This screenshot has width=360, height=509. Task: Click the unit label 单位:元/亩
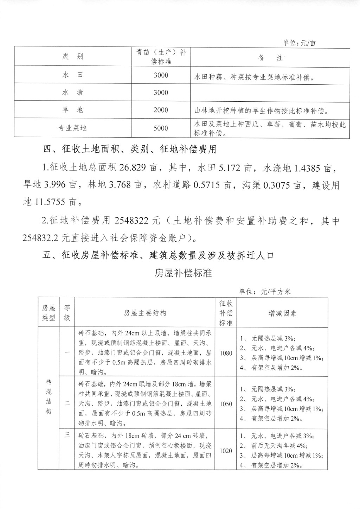click(299, 43)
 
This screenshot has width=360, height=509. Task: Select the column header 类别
click(73, 57)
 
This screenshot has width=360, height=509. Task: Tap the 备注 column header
click(270, 58)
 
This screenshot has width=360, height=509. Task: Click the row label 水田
click(73, 75)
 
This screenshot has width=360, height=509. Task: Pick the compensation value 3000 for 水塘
click(161, 93)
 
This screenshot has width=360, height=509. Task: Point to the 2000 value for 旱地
click(161, 110)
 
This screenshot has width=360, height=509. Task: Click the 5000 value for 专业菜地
click(161, 128)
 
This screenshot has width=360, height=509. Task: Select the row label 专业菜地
click(73, 128)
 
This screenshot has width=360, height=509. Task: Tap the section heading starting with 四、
click(129, 149)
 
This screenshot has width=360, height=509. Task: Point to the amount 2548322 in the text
click(131, 221)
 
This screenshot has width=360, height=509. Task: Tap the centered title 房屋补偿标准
click(183, 273)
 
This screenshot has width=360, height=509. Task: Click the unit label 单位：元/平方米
click(265, 292)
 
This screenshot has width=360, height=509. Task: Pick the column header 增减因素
click(282, 313)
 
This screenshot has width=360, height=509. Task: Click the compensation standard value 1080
click(226, 353)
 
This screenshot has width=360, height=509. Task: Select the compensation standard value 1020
click(226, 451)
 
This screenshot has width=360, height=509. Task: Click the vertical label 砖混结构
click(49, 396)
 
